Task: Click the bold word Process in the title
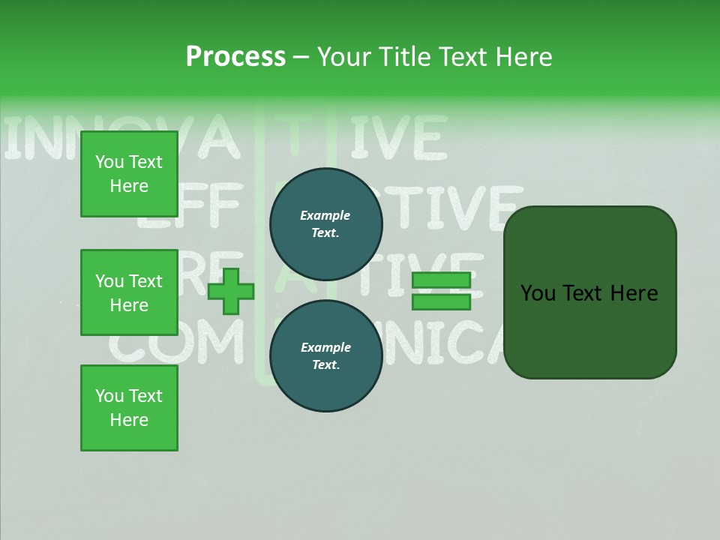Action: point(235,57)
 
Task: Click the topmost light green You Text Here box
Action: point(129,174)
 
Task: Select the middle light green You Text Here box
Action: point(129,292)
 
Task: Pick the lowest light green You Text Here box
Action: point(129,408)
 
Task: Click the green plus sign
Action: point(231,292)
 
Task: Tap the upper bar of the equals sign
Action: point(441,280)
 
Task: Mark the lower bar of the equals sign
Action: point(441,302)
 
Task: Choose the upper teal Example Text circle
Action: point(325,224)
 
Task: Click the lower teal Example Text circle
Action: point(325,356)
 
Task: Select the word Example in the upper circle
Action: point(325,215)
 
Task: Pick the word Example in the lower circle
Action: point(325,347)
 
